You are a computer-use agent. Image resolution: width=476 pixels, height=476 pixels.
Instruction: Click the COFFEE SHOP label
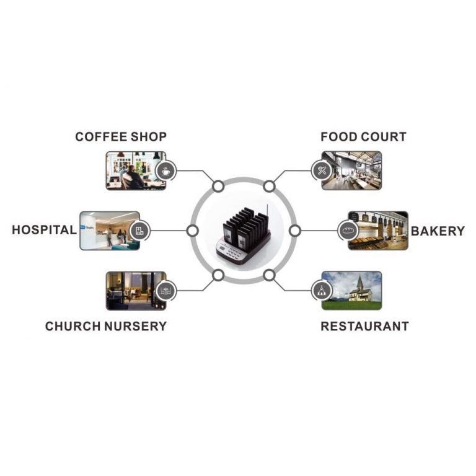coord(121,137)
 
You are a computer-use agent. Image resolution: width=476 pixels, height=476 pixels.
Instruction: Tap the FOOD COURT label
coord(363,137)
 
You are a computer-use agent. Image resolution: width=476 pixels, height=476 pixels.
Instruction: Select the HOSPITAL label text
coord(44,231)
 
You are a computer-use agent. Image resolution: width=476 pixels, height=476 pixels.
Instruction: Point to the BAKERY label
coord(438,231)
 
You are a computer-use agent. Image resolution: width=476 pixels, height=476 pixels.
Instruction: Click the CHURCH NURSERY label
coord(106,326)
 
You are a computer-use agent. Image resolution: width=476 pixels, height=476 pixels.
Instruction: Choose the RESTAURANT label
coord(364,326)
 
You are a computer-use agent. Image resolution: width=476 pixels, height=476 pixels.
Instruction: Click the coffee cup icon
coord(165,170)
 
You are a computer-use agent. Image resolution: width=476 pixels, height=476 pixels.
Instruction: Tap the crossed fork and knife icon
coord(322,170)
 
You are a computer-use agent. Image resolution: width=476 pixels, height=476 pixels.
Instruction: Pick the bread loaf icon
coord(347,231)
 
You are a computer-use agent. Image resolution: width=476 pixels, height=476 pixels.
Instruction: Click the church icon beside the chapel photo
coord(321,290)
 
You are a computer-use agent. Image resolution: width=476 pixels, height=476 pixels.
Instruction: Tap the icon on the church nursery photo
coord(165,290)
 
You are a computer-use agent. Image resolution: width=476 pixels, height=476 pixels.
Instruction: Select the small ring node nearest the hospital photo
coord(193,231)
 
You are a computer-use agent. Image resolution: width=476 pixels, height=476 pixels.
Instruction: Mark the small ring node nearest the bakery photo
coord(295,231)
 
